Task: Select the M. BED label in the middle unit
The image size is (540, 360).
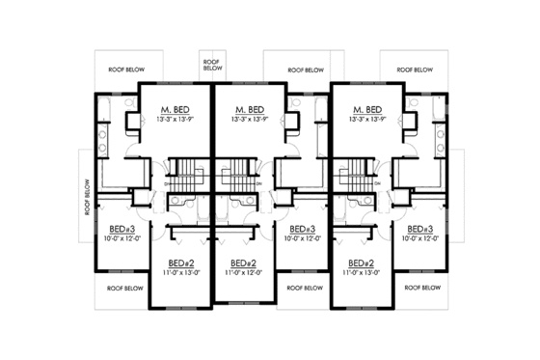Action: (250, 109)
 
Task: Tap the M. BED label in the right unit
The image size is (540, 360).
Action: (368, 109)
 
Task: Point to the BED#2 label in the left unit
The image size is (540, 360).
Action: (182, 263)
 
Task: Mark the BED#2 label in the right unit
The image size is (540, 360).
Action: (360, 263)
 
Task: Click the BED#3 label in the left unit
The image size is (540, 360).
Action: (123, 229)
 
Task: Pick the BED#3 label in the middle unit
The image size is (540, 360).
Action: (303, 229)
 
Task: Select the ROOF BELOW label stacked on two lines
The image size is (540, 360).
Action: (213, 64)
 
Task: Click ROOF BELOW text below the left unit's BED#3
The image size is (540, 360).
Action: (125, 288)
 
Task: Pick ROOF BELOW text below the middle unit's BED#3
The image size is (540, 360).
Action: (305, 288)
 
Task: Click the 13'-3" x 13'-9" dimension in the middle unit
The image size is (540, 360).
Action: (250, 119)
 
